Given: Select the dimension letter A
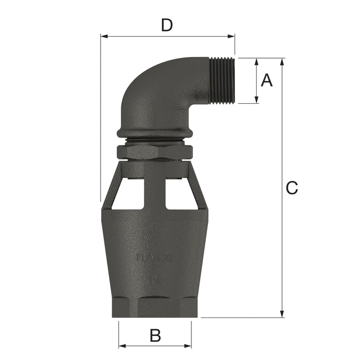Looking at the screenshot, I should point(266,80).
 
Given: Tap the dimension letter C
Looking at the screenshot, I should point(292,188).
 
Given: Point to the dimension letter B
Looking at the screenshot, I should point(155,336).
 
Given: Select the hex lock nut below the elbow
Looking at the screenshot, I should point(155,152).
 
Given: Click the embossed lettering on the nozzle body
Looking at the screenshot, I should point(155,257).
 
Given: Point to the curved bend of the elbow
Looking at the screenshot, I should point(150,83).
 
